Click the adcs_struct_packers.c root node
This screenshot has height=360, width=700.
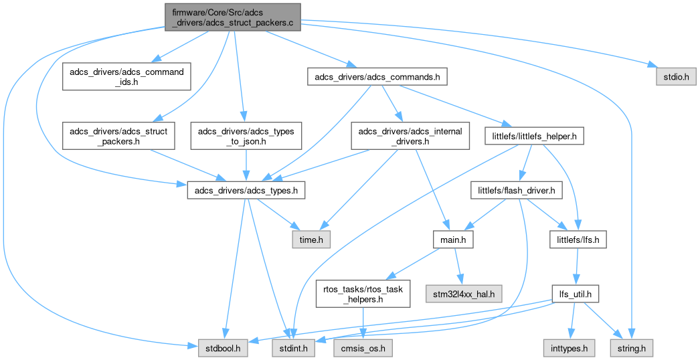(233, 17)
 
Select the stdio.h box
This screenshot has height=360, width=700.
(676, 77)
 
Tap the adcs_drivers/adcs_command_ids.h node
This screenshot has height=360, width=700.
(126, 77)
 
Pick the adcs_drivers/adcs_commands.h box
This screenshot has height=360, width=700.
(377, 77)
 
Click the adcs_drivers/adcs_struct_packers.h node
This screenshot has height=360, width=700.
(118, 137)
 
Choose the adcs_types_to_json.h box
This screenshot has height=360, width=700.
(246, 137)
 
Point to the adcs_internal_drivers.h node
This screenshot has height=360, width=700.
(410, 137)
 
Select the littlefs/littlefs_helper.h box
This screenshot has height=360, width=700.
(534, 137)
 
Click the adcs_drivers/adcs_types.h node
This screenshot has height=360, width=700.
(246, 191)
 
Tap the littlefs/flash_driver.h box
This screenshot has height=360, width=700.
(517, 191)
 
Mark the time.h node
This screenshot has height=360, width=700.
(311, 240)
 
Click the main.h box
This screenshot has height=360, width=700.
(453, 240)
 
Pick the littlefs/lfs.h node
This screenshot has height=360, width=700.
(578, 240)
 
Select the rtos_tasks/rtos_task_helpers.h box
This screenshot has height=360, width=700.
(363, 294)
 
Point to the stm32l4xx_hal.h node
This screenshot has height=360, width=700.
(464, 294)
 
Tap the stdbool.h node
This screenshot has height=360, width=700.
(223, 349)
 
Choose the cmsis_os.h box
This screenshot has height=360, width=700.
(363, 349)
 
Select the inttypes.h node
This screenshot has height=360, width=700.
(569, 349)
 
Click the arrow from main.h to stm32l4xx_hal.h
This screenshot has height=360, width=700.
(458, 267)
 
